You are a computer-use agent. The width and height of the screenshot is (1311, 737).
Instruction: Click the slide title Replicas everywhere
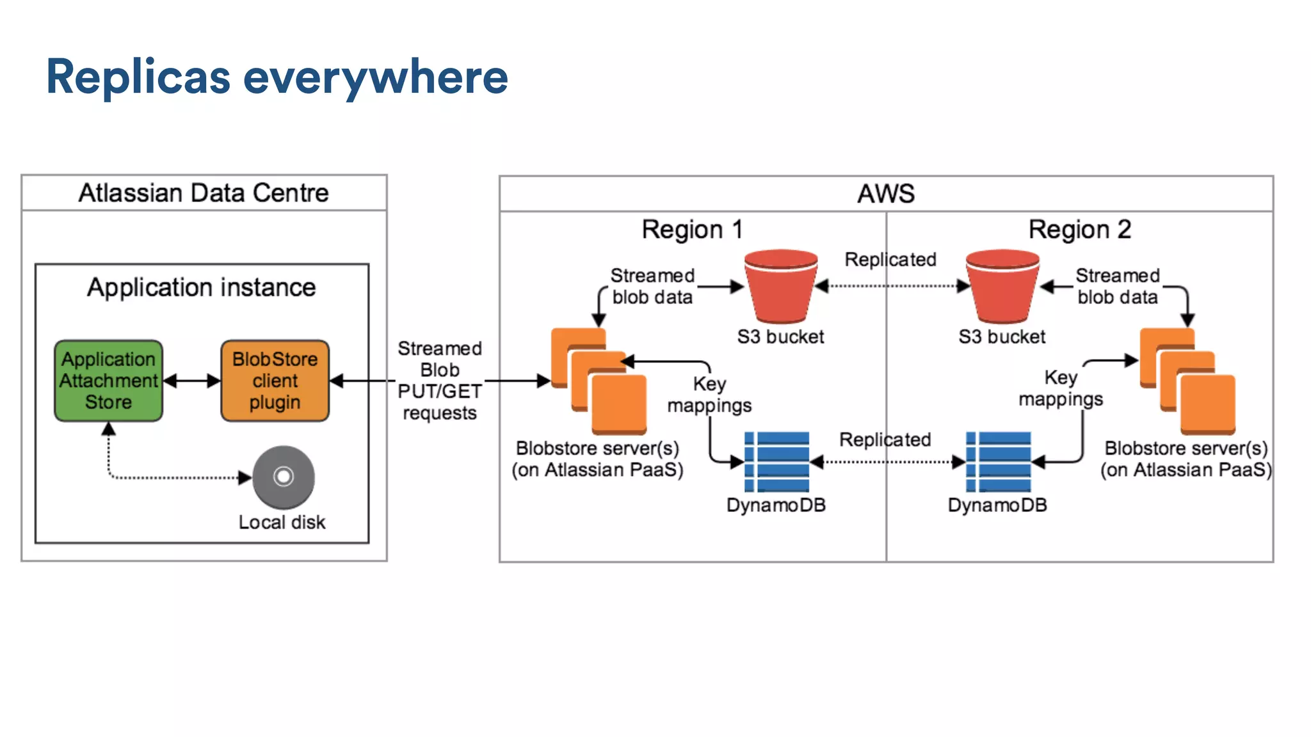click(277, 77)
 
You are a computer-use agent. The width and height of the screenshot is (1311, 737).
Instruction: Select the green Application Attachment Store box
click(109, 381)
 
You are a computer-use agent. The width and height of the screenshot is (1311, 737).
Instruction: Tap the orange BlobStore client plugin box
click(275, 381)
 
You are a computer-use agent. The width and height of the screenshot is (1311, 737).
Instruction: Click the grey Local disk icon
click(284, 477)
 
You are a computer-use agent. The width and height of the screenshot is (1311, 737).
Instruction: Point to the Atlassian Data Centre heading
click(204, 193)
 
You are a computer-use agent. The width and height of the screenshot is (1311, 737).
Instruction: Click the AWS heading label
click(886, 193)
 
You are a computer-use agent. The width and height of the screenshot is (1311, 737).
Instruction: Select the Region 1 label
click(692, 229)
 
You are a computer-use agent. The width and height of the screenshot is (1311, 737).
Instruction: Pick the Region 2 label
click(1079, 229)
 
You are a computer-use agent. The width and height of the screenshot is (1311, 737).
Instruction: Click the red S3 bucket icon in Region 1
click(781, 286)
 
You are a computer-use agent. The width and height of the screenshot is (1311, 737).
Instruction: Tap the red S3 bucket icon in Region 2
click(1002, 286)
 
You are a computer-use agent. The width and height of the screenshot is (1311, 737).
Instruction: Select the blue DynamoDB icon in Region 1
click(777, 462)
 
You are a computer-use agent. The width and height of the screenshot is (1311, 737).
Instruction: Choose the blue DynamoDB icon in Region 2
click(999, 462)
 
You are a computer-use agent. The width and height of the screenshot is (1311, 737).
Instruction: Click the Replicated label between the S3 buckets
click(890, 260)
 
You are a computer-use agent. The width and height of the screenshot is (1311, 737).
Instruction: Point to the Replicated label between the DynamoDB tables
click(885, 440)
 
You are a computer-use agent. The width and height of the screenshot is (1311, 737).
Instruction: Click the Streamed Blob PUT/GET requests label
click(440, 381)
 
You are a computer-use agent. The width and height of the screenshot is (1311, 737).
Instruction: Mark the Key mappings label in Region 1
click(709, 395)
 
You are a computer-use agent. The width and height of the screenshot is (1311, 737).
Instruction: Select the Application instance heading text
click(202, 288)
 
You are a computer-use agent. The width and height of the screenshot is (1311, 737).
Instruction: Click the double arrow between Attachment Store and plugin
click(192, 381)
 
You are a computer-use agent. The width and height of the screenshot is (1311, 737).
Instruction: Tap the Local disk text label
click(282, 523)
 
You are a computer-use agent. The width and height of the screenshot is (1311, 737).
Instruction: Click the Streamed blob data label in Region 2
click(1118, 286)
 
